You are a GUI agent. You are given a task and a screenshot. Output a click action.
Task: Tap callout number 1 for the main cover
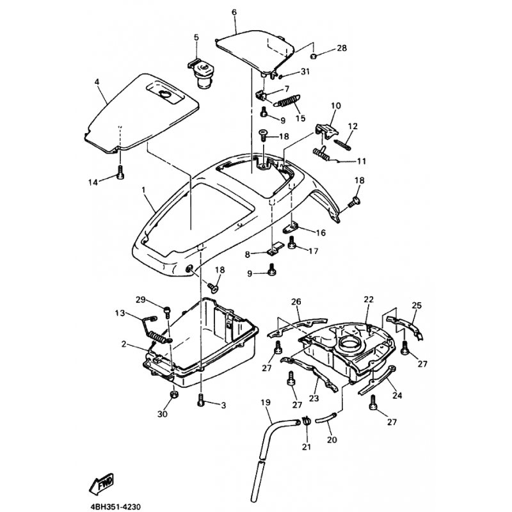(143, 190)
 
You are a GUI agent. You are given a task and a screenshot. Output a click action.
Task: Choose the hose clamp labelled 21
(306, 420)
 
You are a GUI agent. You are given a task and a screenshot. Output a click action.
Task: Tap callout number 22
(367, 299)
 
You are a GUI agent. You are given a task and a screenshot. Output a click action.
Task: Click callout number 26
(296, 301)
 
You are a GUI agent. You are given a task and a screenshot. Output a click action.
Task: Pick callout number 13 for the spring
(118, 312)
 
